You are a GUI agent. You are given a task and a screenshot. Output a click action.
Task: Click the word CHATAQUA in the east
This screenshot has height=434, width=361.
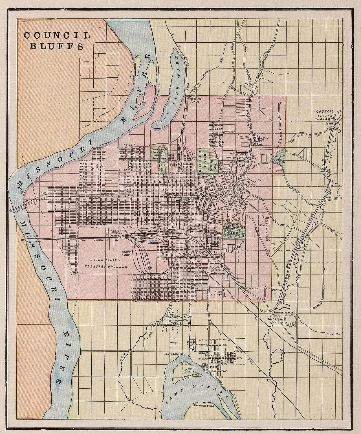(x=325, y=120)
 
